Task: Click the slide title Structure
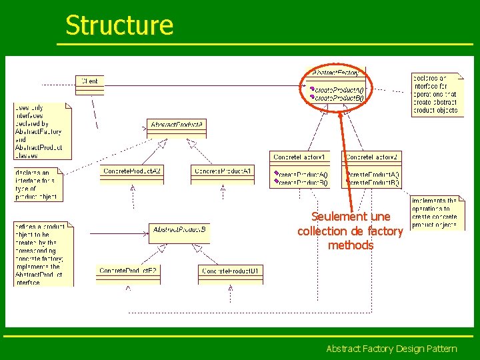pyautogui.click(x=119, y=25)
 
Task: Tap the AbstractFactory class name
pyautogui.click(x=335, y=73)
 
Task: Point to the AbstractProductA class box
pyautogui.click(x=177, y=125)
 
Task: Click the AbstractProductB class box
pyautogui.click(x=179, y=230)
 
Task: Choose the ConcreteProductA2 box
pyautogui.click(x=132, y=171)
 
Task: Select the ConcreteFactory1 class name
pyautogui.click(x=301, y=157)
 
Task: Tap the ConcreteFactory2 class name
pyautogui.click(x=372, y=157)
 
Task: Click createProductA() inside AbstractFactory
pyautogui.click(x=339, y=89)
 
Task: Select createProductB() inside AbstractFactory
pyautogui.click(x=339, y=98)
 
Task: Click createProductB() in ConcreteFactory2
pyautogui.click(x=374, y=182)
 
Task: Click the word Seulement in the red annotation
pyautogui.click(x=339, y=217)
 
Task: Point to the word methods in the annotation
pyautogui.click(x=351, y=245)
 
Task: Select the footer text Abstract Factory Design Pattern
pyautogui.click(x=391, y=349)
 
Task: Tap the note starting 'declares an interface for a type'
pyautogui.click(x=37, y=184)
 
